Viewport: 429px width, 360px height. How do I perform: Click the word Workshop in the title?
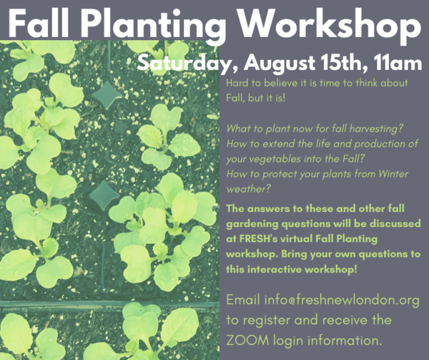tap(330, 24)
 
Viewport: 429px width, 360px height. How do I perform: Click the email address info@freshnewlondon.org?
tap(342, 300)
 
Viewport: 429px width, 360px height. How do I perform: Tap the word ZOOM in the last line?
tap(247, 341)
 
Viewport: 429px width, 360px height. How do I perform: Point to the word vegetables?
tap(267, 160)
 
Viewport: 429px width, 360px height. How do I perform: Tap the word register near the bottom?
tap(267, 321)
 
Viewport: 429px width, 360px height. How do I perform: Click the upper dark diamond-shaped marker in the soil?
tap(107, 95)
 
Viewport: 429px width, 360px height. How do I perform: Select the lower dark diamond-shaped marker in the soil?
tap(104, 195)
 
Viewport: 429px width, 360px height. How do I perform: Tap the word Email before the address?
tap(243, 299)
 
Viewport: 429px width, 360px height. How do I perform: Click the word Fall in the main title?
tap(39, 24)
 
